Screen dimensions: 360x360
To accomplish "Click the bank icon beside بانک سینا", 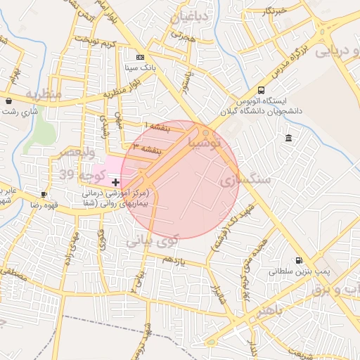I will pos(140,57).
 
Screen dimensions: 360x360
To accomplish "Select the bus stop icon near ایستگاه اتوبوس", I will pos(262,90).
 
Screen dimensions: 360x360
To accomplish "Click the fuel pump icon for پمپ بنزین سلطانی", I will pos(300,259).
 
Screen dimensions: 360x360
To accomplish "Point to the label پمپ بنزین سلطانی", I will pos(300,271).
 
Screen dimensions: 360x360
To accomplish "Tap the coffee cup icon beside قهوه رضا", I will pos(45,194).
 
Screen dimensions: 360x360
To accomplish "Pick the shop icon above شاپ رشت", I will pos(8,101).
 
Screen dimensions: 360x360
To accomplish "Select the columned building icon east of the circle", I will pos(289,139).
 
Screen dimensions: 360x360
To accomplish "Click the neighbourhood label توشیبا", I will pos(205,143).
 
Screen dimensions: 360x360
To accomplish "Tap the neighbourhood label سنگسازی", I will pos(245,180).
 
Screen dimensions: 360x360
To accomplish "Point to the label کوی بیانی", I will pos(153,240).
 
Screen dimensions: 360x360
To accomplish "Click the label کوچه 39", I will pos(77,174).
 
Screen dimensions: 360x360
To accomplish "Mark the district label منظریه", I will pos(44,94).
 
